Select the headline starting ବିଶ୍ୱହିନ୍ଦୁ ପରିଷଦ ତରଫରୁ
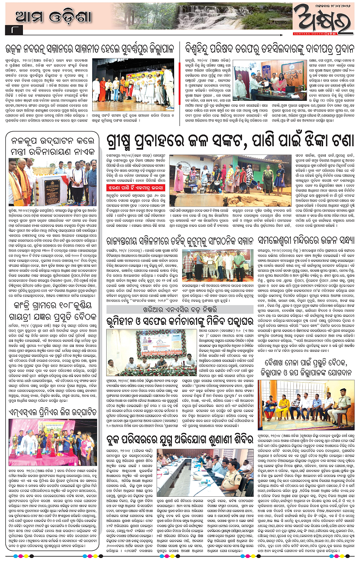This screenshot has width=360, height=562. [270, 47]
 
